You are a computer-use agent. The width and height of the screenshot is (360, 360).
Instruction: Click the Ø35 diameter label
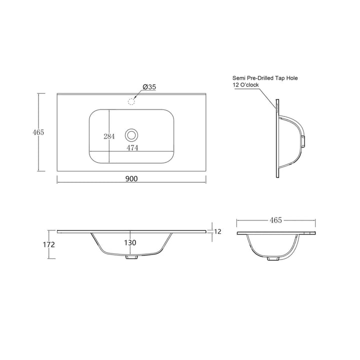[x=149, y=87]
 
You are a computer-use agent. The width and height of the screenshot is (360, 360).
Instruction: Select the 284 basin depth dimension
[x=109, y=136]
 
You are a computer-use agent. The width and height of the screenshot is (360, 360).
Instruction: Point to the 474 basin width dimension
[x=132, y=148]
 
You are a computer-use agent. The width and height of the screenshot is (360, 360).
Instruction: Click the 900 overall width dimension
[x=131, y=178]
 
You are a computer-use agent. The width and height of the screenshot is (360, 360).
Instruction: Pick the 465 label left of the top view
[x=38, y=132]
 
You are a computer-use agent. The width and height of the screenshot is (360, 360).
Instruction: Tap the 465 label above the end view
[x=275, y=220]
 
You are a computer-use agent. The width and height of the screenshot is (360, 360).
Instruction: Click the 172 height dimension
[x=49, y=244]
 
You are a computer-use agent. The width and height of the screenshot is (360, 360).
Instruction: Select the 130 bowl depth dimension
[x=130, y=242]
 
